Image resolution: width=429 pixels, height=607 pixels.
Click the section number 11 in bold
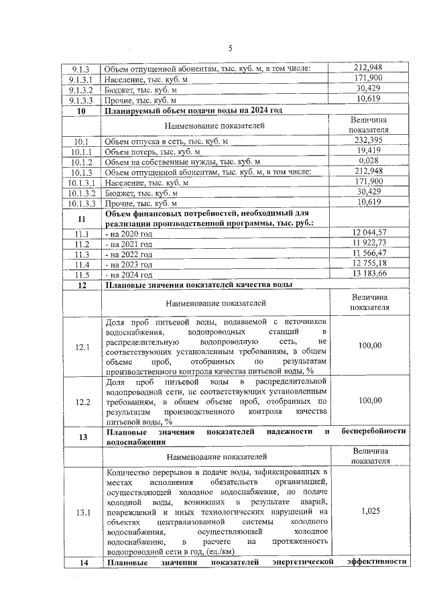[x=82, y=217]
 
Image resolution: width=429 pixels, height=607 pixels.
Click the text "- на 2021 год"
[x=129, y=243]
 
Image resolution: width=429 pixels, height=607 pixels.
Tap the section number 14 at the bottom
[x=82, y=562]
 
